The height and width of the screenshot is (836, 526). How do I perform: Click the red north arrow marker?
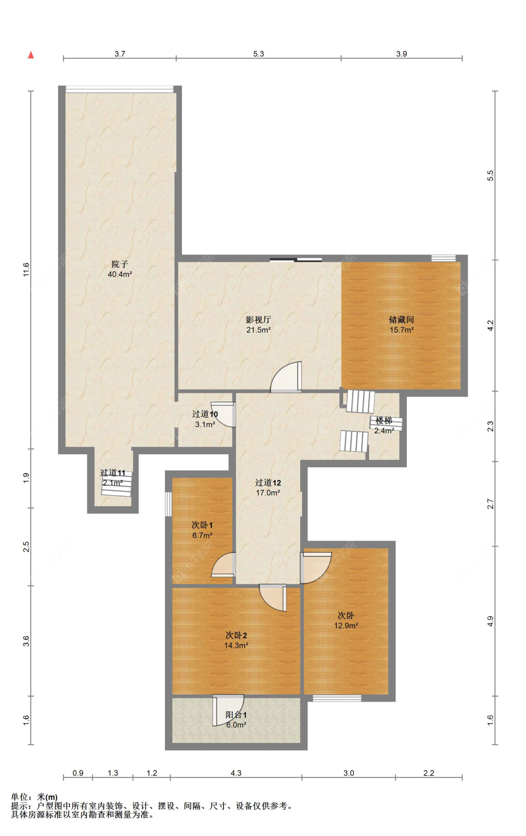(31, 55)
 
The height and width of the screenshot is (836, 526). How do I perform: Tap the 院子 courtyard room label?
(120, 264)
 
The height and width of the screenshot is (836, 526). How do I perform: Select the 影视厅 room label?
(258, 320)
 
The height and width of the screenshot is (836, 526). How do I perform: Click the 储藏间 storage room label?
(401, 320)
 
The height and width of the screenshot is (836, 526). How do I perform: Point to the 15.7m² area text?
(401, 330)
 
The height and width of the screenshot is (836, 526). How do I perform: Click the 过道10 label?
(205, 414)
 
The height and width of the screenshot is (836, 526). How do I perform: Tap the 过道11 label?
(113, 473)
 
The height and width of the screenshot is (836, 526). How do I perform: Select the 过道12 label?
(268, 483)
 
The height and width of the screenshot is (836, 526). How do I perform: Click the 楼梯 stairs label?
(384, 421)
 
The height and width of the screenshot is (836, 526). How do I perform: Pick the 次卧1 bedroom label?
(202, 525)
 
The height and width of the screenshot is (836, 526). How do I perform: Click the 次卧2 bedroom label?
(236, 635)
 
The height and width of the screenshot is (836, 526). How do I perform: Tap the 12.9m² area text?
(346, 625)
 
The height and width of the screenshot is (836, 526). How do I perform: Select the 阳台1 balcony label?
(236, 715)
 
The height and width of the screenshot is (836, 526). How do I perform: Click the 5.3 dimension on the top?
(259, 54)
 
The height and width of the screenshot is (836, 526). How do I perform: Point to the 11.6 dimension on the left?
(26, 269)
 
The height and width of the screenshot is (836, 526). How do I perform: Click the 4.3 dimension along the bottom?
(236, 773)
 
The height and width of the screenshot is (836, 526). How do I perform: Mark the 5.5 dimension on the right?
(490, 175)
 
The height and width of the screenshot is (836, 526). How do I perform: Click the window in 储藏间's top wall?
(443, 258)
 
